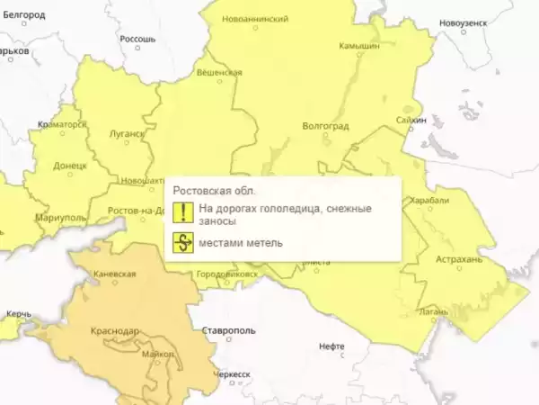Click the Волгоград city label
coord(326,126)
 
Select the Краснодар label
coord(115,331)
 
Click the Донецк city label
coord(70,166)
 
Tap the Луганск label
coord(127,134)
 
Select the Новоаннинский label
coord(260,19)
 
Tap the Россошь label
coord(137,40)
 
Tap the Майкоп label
coord(158,354)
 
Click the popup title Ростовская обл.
coord(214,191)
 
